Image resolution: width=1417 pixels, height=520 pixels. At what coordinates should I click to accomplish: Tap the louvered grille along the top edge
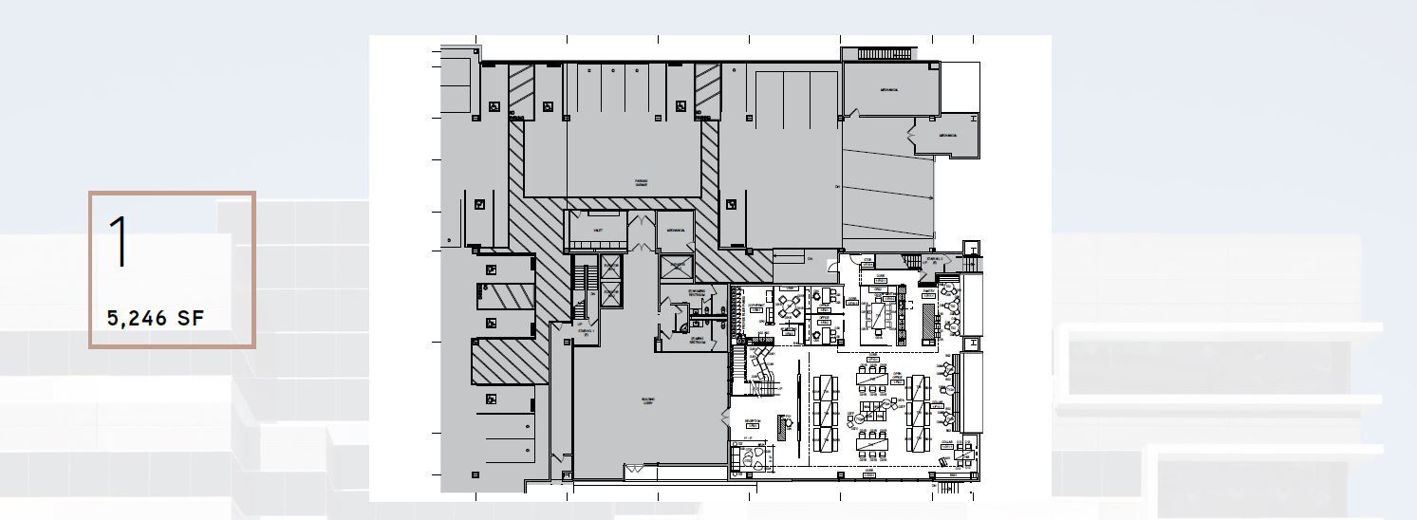coord(884,54)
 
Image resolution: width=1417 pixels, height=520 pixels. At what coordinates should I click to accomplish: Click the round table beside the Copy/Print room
coord(787,306)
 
